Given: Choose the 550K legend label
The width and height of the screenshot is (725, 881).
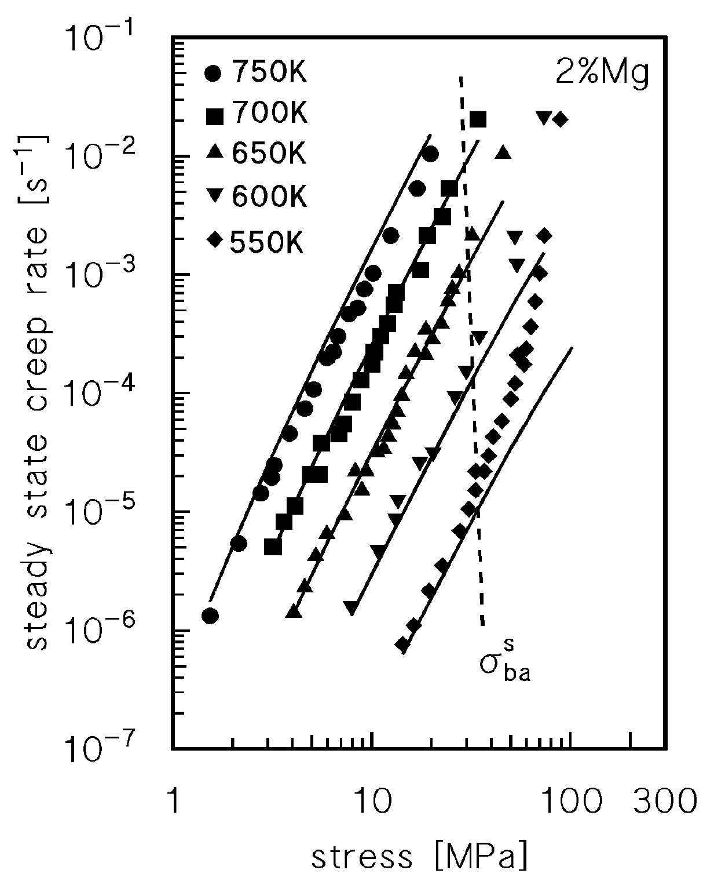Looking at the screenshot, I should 268,241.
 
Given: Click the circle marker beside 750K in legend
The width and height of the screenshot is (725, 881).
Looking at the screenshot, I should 213,74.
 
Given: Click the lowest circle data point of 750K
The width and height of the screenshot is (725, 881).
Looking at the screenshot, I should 210,616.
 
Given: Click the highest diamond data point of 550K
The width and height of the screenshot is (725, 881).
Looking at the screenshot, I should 560,119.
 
